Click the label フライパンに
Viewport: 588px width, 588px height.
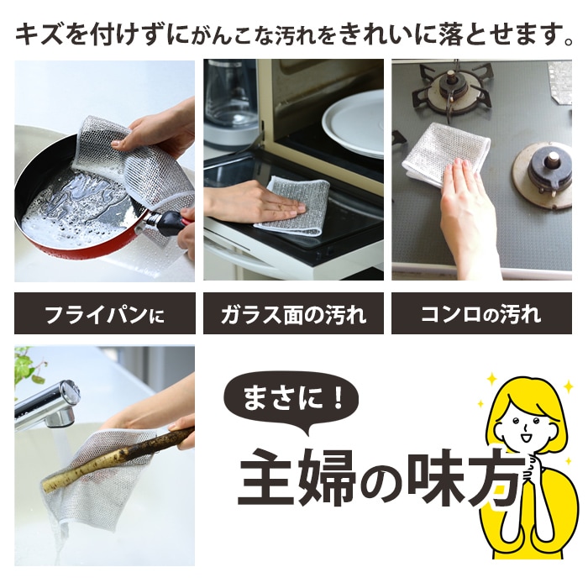point(105,313)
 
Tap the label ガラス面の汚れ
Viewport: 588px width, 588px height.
point(293,313)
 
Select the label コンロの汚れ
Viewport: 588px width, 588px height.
point(481,313)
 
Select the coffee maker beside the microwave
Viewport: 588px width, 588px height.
point(230,102)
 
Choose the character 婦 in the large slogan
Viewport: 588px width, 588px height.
point(327,477)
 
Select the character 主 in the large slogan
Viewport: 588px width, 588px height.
point(267,477)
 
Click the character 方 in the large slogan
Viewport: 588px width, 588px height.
point(496,477)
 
